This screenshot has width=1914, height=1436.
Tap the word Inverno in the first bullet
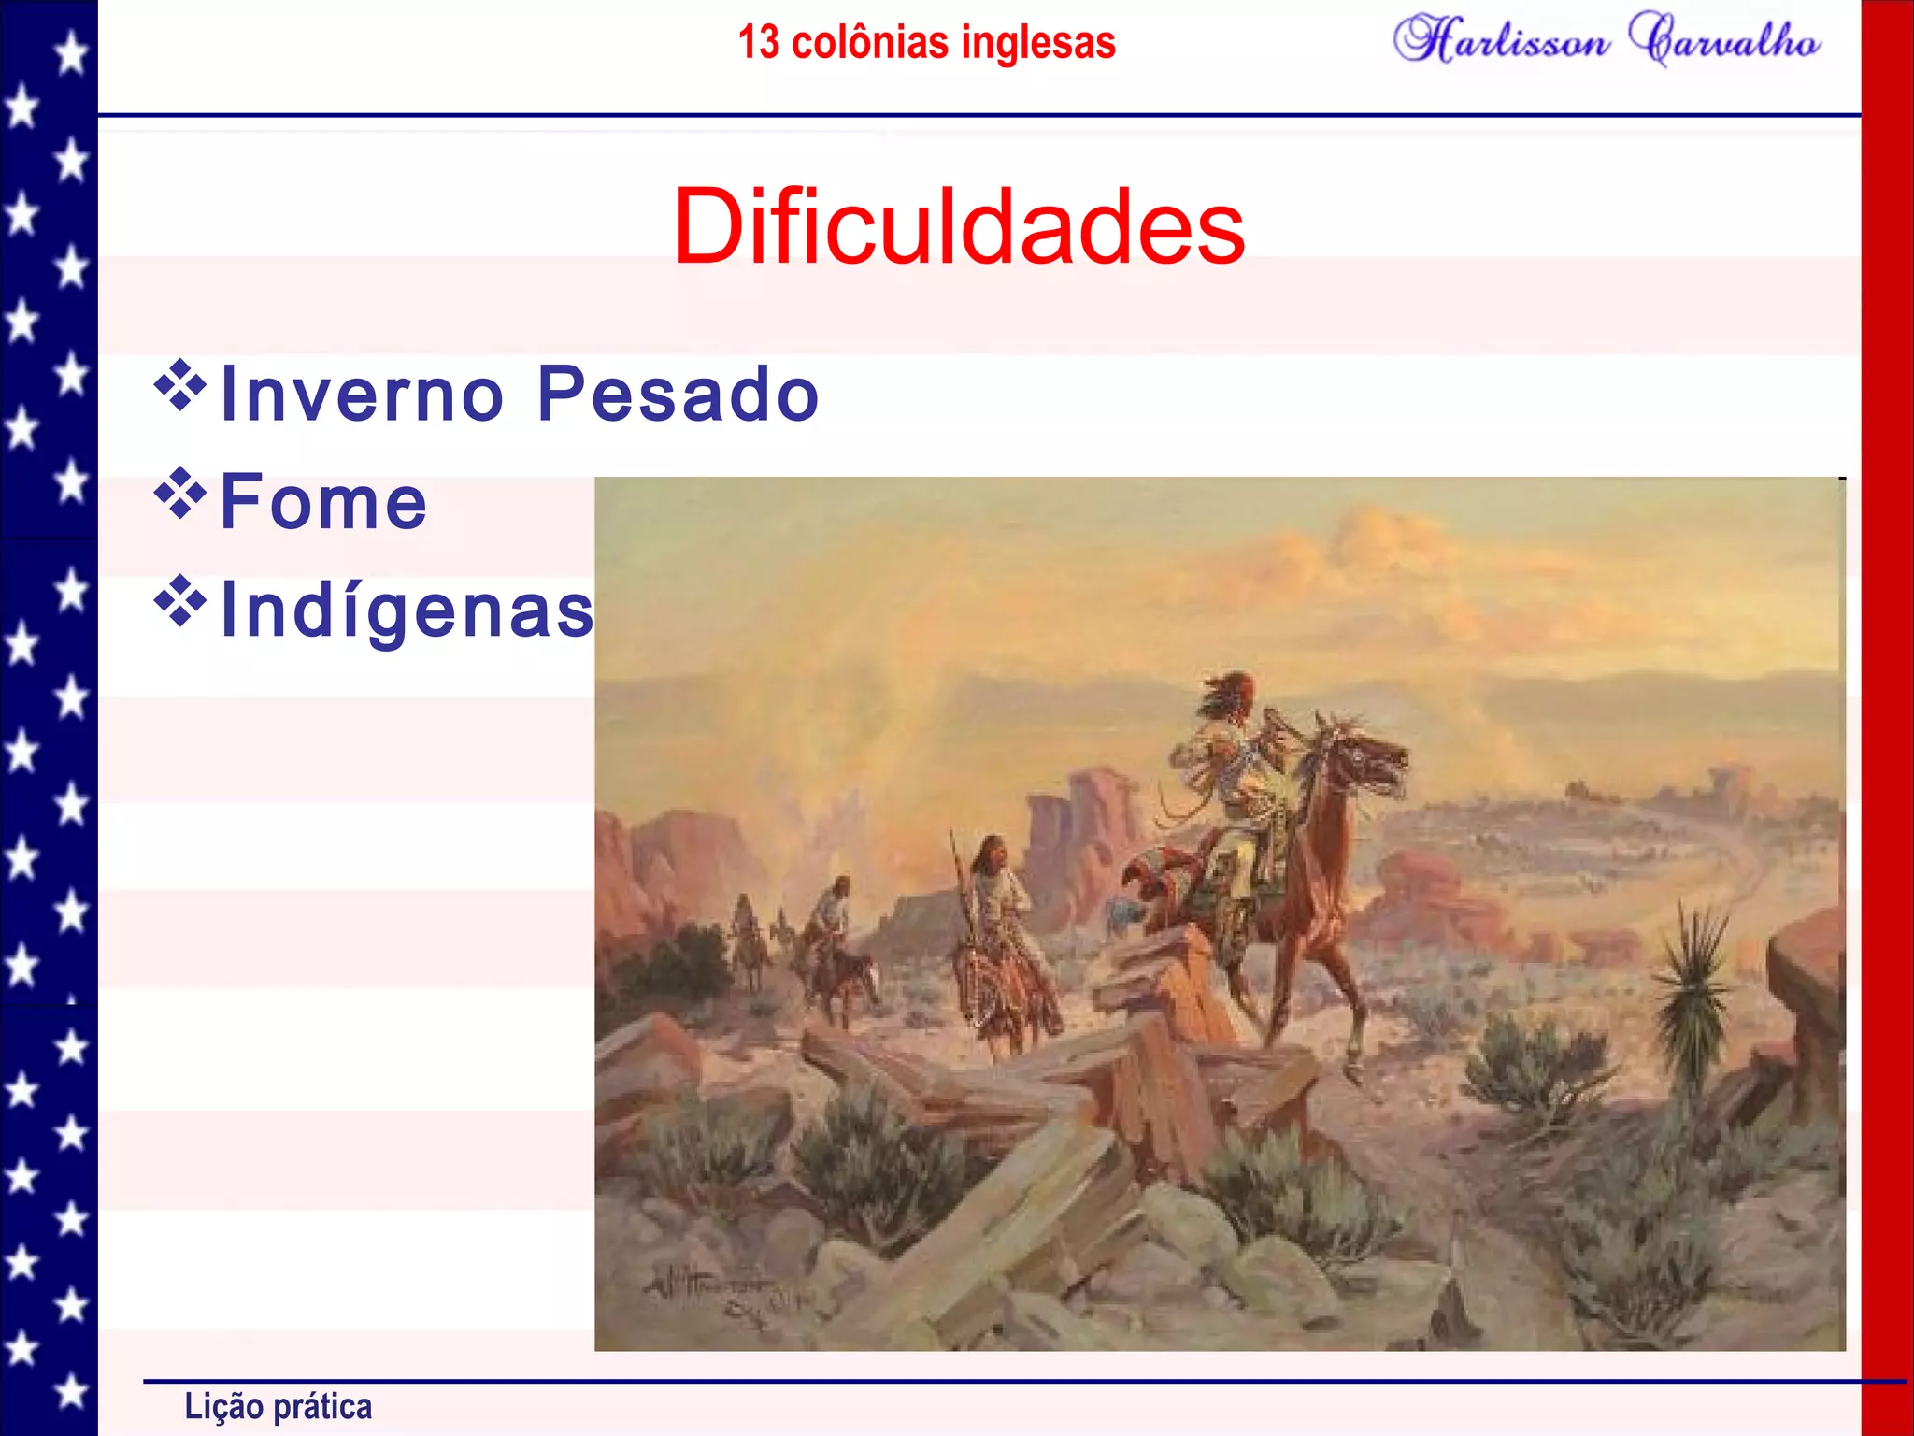363,394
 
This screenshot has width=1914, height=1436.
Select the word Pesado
678,394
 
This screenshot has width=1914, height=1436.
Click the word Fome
323,502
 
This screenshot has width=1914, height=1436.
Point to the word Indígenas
407,610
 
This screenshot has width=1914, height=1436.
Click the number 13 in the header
758,42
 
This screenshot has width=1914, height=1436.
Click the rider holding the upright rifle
995,888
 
